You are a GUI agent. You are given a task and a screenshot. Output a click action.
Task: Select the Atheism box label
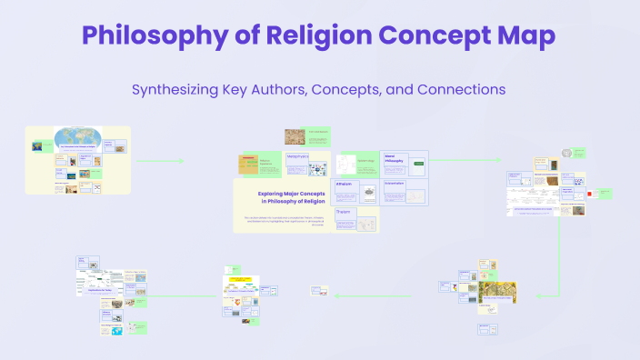coord(344,184)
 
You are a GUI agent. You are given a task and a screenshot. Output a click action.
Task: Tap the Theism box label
coord(344,212)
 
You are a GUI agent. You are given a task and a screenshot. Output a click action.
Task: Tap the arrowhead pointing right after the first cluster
coord(182,161)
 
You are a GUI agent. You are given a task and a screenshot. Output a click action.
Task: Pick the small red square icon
coord(591,193)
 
